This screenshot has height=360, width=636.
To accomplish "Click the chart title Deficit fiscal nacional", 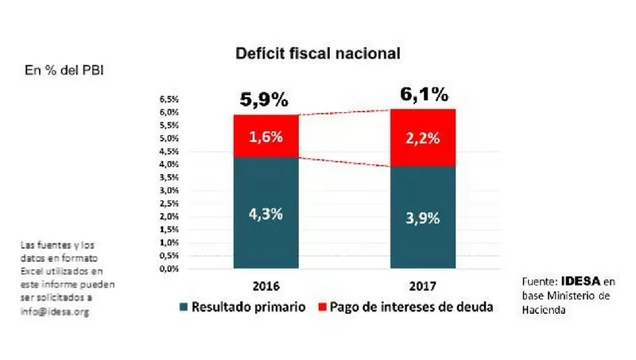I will (316, 54).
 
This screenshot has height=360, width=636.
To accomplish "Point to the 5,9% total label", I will (264, 101).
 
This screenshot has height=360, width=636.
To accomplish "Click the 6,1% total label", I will (422, 96).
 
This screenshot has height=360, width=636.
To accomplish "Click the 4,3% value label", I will (265, 215).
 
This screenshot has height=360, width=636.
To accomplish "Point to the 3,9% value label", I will (422, 219).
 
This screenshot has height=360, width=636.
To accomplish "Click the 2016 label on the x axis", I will (265, 285).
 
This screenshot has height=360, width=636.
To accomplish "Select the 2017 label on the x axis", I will (422, 285).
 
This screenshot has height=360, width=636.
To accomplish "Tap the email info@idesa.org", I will (55, 312).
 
